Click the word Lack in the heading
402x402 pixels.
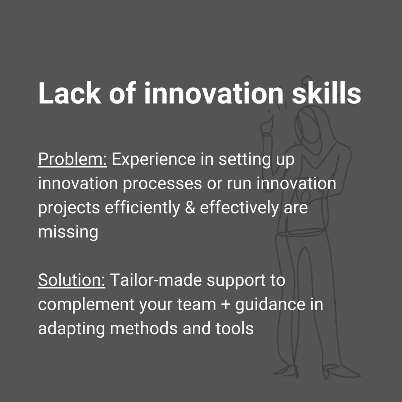70,93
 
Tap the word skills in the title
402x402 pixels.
327,93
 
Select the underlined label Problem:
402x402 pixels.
72,160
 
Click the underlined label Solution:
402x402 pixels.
72,280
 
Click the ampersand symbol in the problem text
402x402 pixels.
190,208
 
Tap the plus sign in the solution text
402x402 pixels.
225,305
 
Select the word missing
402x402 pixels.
68,232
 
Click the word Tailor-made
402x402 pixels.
156,280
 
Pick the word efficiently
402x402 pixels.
142,208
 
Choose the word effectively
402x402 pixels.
239,208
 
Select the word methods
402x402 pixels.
143,328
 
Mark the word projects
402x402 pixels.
69,208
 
